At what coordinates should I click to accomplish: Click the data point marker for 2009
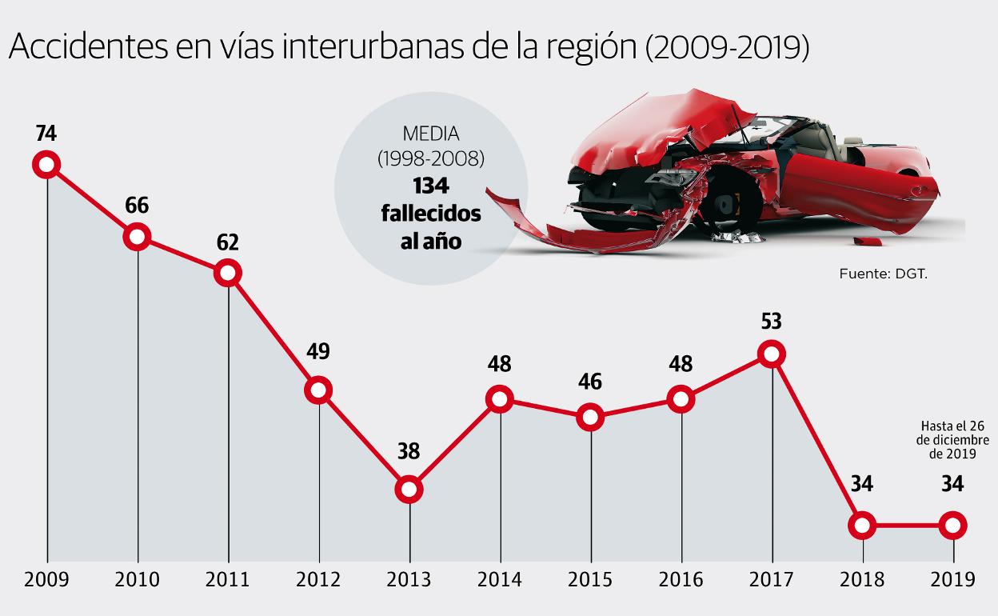coord(46,165)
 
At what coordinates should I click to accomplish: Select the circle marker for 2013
coord(409,489)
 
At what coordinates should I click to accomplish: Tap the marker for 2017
coord(772,353)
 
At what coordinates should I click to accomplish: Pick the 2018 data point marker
coord(862,526)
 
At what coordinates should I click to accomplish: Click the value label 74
coord(46,133)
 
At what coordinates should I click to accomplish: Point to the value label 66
coord(137,206)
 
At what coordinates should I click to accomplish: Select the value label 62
coord(228,242)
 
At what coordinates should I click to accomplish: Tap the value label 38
coord(409,451)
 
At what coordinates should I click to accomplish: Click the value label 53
coord(772,322)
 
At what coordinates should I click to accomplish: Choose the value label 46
coord(590,381)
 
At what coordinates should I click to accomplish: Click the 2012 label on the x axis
coord(318,579)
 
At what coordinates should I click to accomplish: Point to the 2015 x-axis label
coord(590,579)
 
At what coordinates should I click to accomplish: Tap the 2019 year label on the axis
coord(952,579)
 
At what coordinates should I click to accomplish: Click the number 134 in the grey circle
coord(431,186)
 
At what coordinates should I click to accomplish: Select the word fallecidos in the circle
coord(431,214)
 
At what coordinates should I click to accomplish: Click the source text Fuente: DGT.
coord(882,274)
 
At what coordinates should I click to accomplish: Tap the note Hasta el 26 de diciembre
coord(953,440)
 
